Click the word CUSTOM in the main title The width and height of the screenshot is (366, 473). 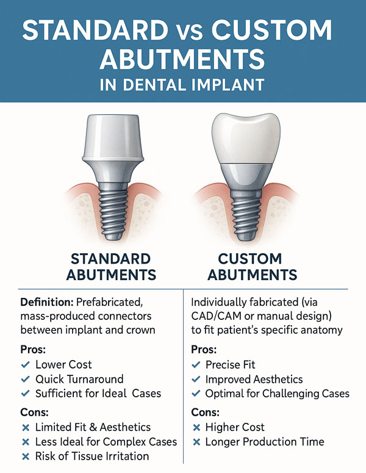[x=271, y=30]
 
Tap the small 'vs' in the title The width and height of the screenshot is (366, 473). [x=190, y=32]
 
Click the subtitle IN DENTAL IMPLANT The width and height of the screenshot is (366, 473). [x=182, y=85]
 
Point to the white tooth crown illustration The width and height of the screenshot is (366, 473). [x=246, y=139]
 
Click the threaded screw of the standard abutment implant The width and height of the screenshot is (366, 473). [x=113, y=211]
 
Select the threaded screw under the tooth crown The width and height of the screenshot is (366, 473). [x=246, y=214]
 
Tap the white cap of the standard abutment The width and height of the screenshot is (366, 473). [x=113, y=138]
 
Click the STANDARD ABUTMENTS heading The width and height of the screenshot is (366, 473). [x=111, y=267]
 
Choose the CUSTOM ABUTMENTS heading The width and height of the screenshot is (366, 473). [x=253, y=267]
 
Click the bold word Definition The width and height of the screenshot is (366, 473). [x=47, y=302]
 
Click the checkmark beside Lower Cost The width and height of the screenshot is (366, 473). [x=26, y=365]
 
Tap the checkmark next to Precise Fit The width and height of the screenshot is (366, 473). [x=196, y=365]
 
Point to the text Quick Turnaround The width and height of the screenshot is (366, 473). [x=79, y=379]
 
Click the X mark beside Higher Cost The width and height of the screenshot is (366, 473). [x=196, y=427]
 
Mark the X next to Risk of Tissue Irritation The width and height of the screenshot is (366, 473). [x=26, y=457]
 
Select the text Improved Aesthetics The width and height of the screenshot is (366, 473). [x=254, y=379]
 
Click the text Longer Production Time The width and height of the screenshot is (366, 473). [x=265, y=442]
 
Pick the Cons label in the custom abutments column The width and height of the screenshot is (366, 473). [x=206, y=412]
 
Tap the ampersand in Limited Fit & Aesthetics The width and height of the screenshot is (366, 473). [x=93, y=427]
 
